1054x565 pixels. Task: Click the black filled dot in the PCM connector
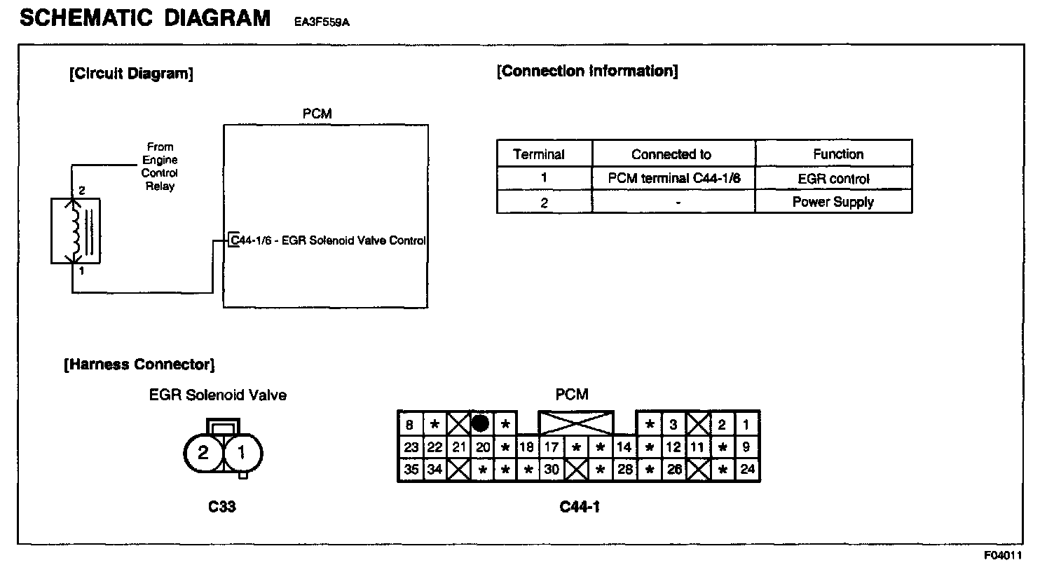[x=480, y=423]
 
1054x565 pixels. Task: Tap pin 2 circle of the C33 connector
[x=203, y=453]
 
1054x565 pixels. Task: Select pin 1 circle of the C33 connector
[x=242, y=453]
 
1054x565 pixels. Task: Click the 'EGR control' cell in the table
[x=833, y=178]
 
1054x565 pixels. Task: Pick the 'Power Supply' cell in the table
[x=833, y=202]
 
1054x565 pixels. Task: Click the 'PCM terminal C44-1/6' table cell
[x=673, y=178]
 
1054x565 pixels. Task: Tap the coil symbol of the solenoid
[x=73, y=231]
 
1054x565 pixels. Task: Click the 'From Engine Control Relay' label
[x=160, y=167]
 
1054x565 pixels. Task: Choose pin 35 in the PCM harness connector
[x=411, y=470]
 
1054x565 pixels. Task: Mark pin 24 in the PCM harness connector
[x=747, y=470]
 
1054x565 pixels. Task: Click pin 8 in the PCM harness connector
[x=410, y=424]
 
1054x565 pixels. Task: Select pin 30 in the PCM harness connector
[x=552, y=470]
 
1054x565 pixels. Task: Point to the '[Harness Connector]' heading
[x=139, y=365]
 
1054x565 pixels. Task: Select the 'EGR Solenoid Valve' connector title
[x=218, y=395]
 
